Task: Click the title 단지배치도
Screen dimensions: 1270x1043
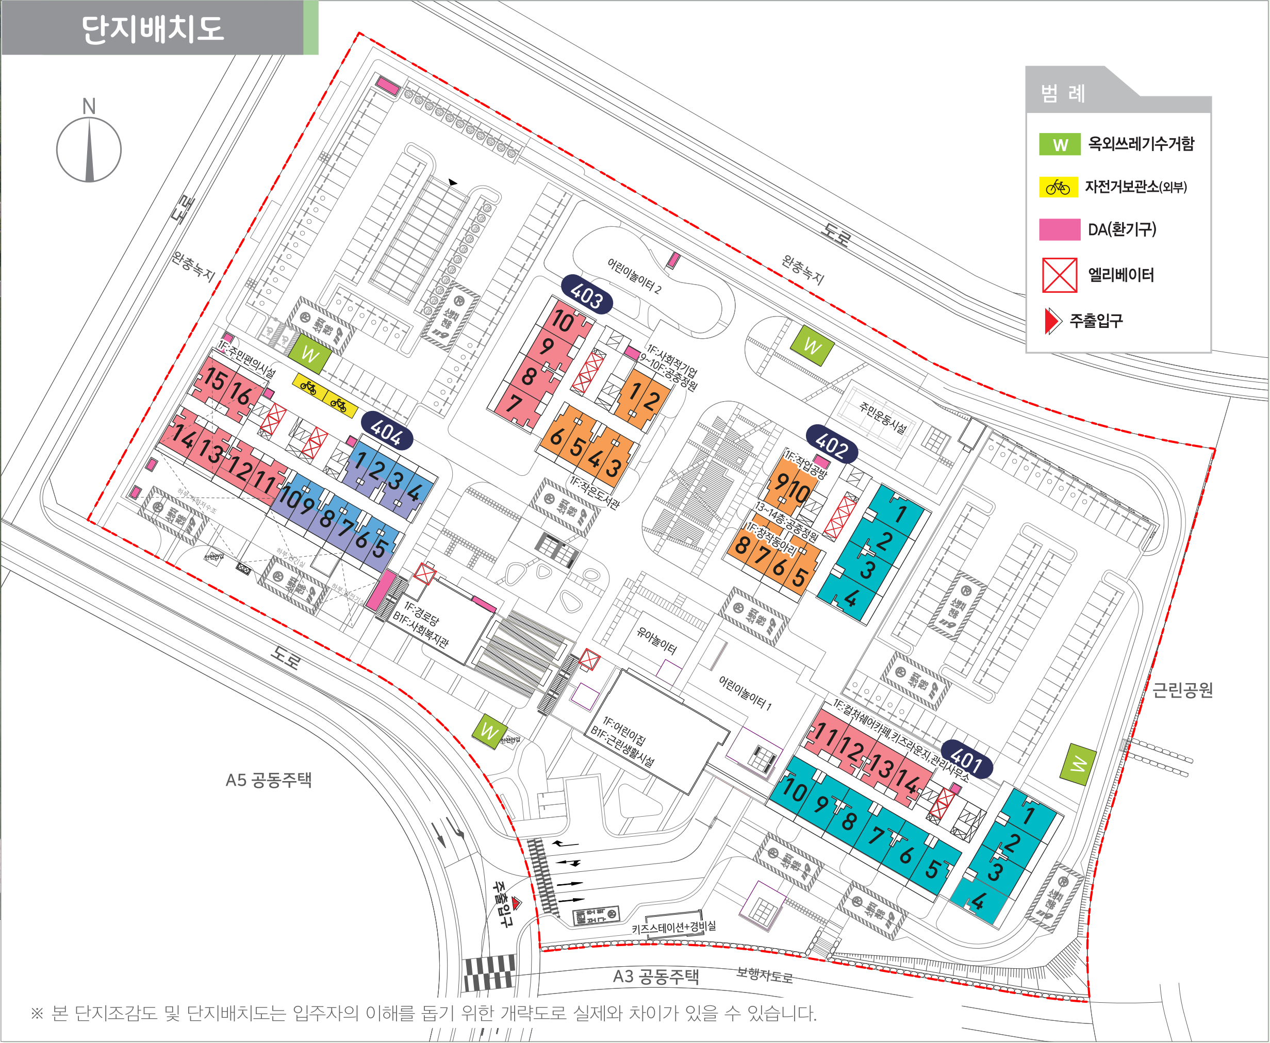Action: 153,29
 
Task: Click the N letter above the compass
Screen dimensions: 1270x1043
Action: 89,106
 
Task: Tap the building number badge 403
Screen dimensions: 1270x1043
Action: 586,295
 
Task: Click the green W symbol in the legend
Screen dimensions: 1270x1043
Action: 1060,145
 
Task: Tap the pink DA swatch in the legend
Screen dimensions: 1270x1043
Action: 1059,229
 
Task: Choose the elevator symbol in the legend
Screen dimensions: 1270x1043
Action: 1059,275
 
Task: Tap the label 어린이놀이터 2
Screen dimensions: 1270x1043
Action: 634,276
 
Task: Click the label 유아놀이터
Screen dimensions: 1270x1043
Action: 656,640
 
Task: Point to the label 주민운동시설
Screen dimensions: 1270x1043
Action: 883,418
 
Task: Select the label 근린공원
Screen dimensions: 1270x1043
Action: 1182,690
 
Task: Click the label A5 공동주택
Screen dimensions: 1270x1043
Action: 269,780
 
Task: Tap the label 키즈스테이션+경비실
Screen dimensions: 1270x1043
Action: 673,927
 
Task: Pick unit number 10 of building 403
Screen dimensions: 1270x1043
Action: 563,321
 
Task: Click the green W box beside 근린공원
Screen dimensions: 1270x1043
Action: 1079,764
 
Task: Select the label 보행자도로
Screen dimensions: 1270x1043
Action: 764,975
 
